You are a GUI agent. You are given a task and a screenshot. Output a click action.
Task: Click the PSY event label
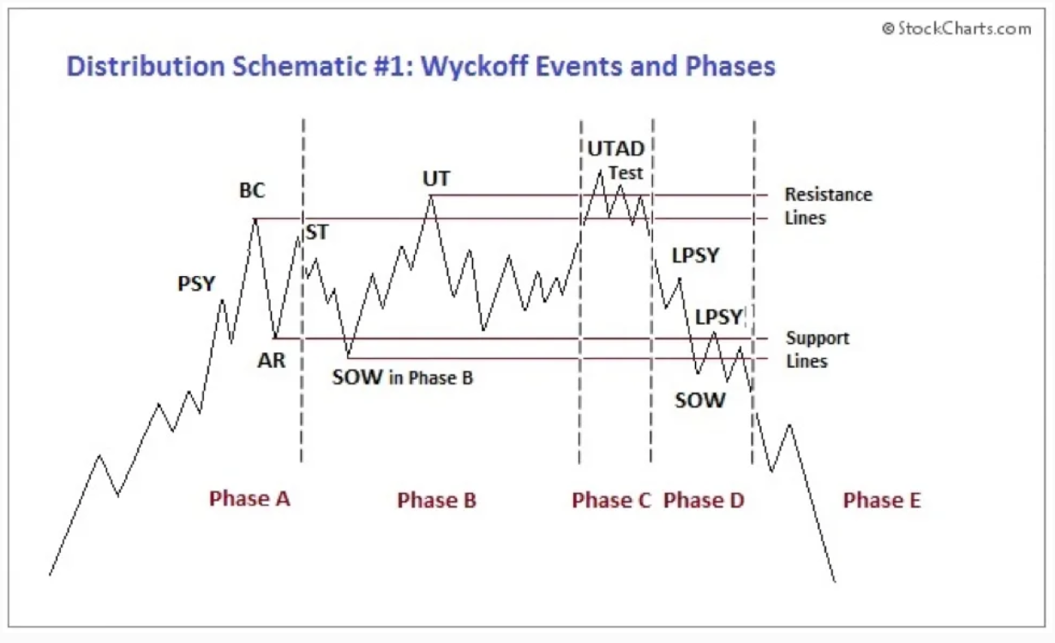(196, 284)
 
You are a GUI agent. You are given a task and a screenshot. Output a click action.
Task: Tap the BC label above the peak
(252, 190)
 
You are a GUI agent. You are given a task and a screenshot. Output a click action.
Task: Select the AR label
(272, 360)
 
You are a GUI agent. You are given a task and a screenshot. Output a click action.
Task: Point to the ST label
(317, 232)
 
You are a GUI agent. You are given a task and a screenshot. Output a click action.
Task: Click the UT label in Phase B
(436, 178)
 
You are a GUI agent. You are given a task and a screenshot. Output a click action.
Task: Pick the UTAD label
(616, 149)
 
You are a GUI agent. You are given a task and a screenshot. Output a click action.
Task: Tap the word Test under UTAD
(626, 173)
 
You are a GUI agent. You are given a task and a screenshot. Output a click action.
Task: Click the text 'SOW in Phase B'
(402, 377)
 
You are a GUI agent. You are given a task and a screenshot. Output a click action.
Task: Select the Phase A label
(249, 498)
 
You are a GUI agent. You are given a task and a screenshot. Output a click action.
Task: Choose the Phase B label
(436, 500)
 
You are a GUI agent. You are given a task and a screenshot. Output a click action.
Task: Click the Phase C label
(611, 500)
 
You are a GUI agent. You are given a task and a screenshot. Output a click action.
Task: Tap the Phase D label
(704, 500)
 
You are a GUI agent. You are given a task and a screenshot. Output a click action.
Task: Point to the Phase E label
(882, 500)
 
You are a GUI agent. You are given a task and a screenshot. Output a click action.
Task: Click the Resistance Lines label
(829, 207)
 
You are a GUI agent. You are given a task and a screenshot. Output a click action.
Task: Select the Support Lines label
(818, 350)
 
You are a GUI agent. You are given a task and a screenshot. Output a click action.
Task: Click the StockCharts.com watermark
(956, 29)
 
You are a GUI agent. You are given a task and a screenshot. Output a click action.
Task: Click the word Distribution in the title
(146, 66)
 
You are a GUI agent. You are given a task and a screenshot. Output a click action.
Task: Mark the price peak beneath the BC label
(255, 219)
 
